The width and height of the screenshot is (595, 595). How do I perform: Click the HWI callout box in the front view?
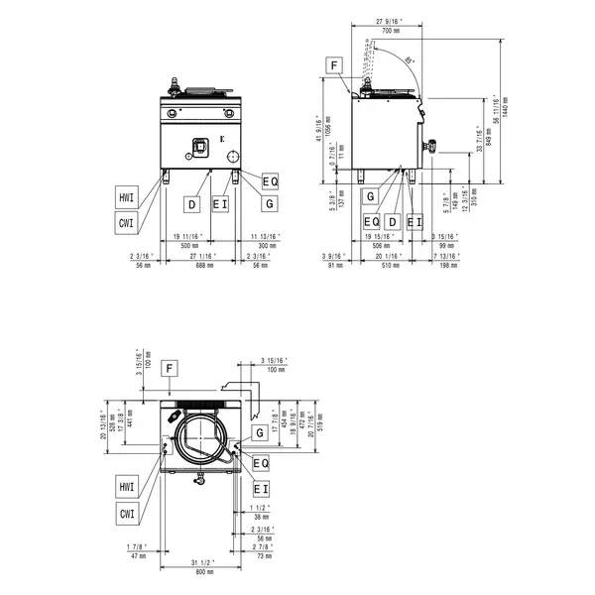(x=126, y=198)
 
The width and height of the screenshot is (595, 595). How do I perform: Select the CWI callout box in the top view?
(x=126, y=513)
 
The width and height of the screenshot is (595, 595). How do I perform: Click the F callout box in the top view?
(x=171, y=368)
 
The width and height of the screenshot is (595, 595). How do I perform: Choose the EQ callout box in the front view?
(x=270, y=179)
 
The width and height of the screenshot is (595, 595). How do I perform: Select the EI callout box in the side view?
(x=415, y=220)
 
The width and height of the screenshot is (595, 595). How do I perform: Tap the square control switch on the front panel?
(x=197, y=146)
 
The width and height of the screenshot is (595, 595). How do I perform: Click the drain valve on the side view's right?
(x=431, y=146)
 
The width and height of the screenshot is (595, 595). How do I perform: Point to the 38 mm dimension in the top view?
(x=261, y=517)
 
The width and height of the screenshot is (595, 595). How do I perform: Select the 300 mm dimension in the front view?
(x=266, y=244)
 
